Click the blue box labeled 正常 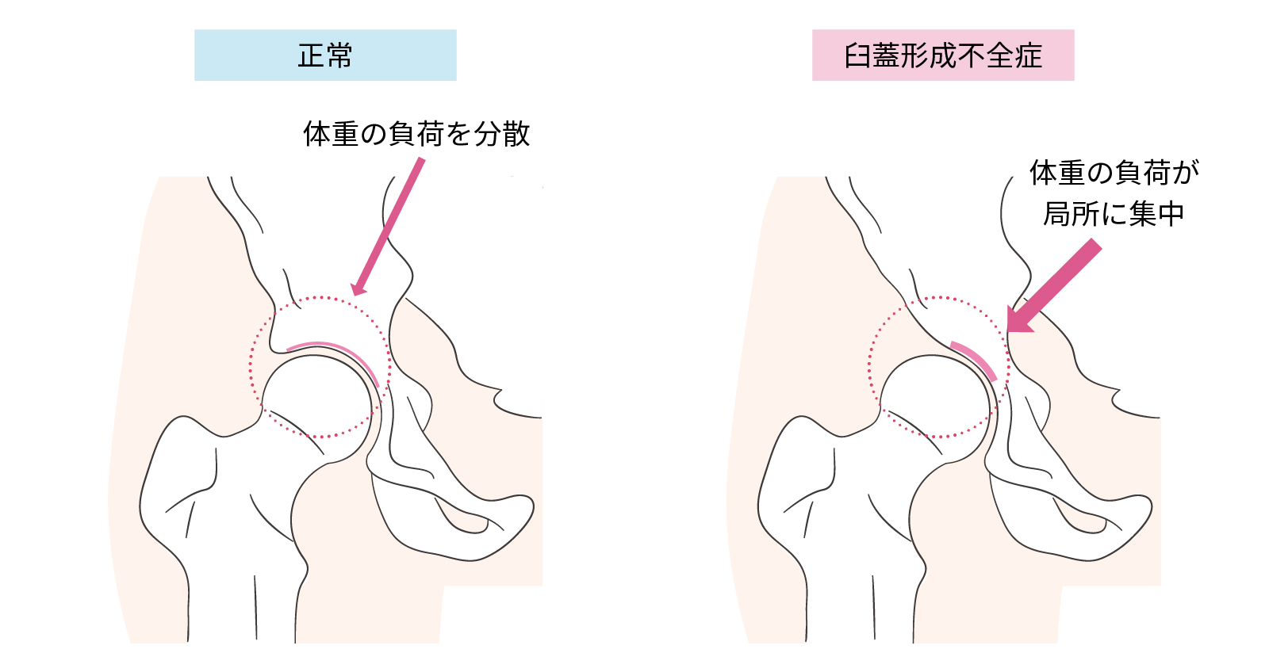tap(325, 55)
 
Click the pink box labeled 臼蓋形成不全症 tap(943, 55)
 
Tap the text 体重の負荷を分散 tap(416, 134)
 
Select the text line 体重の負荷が tap(1114, 173)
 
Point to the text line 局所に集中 tap(1114, 214)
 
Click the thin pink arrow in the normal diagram tap(388, 227)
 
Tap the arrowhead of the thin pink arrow tap(358, 288)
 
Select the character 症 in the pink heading tap(1028, 55)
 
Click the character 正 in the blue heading tap(311, 55)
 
